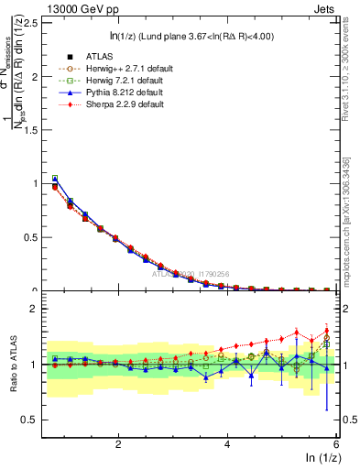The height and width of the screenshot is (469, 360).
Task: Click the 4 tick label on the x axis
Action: click(226, 445)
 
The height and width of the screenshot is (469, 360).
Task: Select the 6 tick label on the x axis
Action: click(335, 445)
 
